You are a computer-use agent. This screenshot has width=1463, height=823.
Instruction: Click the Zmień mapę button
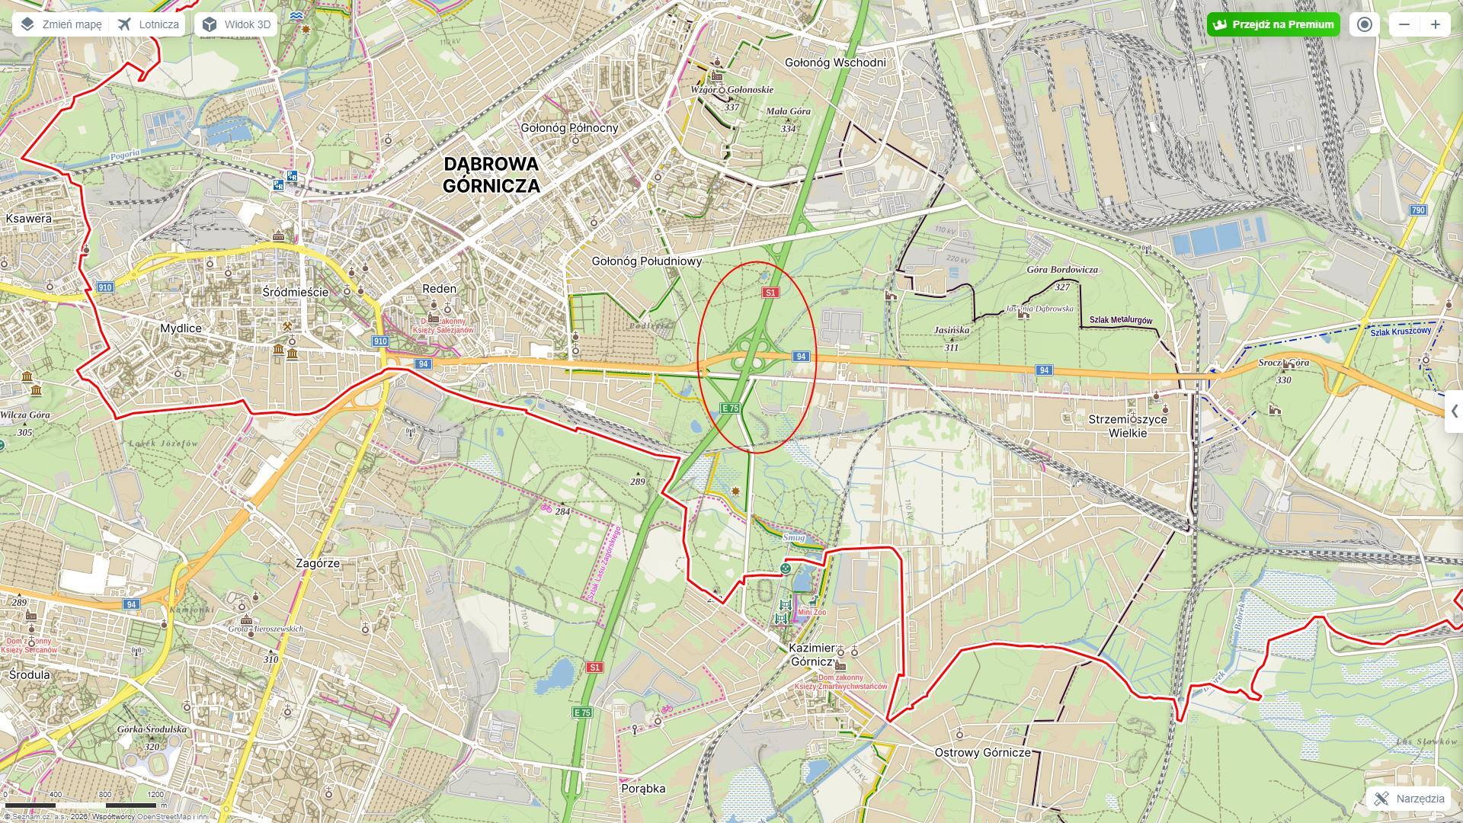point(61,24)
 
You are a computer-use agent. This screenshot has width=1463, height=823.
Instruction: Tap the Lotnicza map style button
point(149,24)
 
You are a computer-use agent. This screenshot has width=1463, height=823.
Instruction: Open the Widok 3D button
point(236,24)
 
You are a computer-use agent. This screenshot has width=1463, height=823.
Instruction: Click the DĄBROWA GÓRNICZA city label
point(491,175)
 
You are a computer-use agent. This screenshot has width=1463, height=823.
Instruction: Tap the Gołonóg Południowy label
point(646,261)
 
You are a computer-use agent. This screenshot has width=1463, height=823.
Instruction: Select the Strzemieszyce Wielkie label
point(1128,426)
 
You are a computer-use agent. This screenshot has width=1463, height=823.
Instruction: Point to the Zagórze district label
point(318,563)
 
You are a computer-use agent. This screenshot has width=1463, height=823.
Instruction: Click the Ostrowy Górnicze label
point(982,752)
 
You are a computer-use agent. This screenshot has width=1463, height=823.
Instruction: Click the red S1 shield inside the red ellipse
point(770,293)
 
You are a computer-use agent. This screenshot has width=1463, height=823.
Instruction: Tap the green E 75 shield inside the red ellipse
point(730,408)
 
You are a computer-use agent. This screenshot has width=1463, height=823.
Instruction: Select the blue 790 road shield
point(1417,210)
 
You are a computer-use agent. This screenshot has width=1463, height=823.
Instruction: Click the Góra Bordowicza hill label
point(1062,270)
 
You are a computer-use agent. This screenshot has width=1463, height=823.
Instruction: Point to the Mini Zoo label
point(812,612)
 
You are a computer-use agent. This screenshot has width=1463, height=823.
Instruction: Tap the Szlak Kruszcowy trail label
point(1401,331)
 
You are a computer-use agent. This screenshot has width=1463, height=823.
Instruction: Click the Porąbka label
point(643,789)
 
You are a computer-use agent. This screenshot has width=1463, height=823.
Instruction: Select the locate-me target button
point(1365,24)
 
